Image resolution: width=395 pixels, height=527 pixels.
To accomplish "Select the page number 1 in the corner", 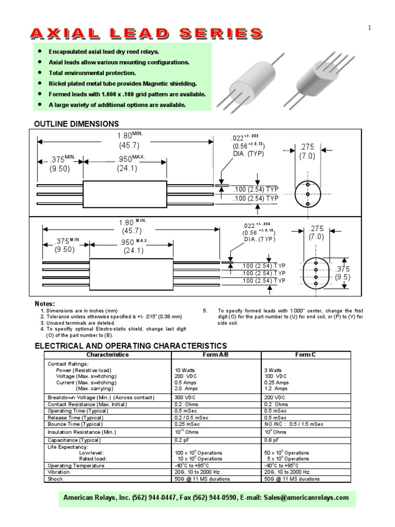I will (369, 28).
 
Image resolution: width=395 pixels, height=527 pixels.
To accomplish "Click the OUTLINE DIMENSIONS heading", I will (76, 124).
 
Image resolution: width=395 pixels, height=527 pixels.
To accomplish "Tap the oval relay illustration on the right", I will (325, 77).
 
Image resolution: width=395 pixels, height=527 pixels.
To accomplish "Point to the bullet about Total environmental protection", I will (92, 73).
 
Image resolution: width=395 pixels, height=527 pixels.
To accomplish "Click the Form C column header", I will (306, 355).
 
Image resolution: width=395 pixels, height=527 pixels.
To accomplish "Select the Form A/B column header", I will (218, 355).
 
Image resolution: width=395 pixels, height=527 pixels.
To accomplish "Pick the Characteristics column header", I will (107, 355).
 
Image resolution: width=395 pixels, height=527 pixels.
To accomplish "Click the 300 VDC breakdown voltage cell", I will (186, 397).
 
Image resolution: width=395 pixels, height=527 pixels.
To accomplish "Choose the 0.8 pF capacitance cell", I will (273, 440).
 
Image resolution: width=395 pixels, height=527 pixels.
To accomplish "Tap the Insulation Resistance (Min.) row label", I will (82, 432).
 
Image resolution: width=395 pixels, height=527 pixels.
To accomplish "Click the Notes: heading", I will (44, 304).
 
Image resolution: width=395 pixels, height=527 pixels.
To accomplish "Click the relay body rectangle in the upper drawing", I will (125, 194).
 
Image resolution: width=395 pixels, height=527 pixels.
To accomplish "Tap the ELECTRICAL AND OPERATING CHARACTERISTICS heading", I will (130, 345).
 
